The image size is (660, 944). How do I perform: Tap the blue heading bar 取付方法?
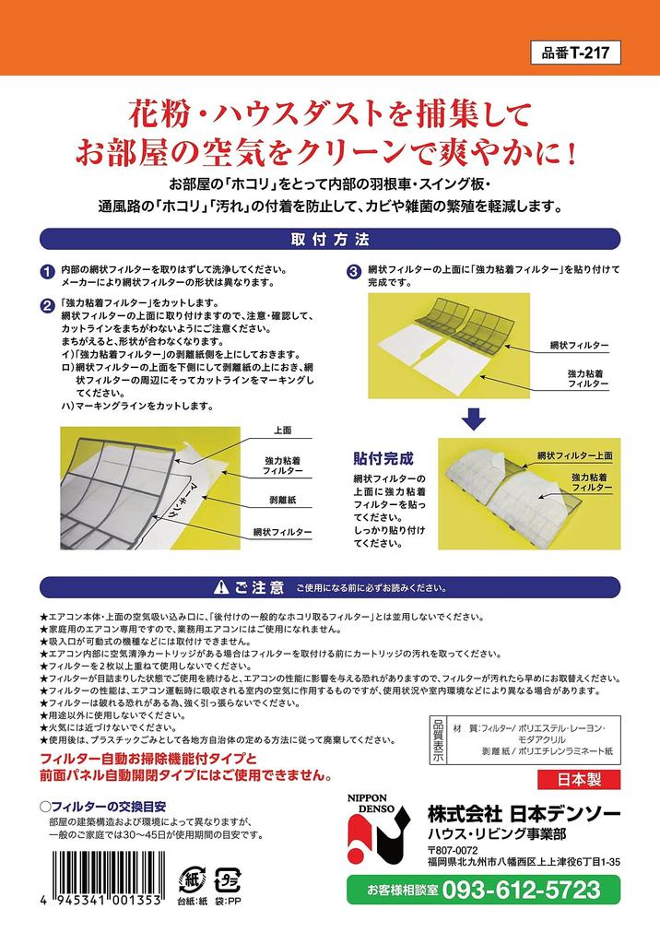(329, 240)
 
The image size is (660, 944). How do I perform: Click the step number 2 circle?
(47, 305)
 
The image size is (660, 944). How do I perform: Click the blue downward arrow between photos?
(473, 419)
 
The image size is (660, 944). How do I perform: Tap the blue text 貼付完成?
(383, 458)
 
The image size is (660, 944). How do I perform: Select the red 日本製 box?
(582, 779)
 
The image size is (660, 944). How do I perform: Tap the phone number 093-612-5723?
(521, 890)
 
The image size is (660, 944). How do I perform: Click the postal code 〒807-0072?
(453, 850)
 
